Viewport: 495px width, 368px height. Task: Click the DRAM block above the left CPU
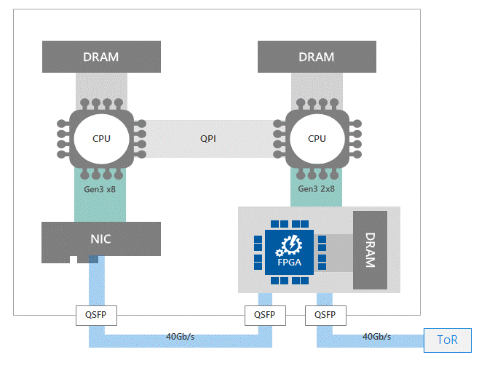point(100,57)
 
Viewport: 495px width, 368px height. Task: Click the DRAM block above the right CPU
point(317,57)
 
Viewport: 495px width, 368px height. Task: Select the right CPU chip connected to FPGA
point(317,138)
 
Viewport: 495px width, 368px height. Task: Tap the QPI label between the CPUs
point(208,138)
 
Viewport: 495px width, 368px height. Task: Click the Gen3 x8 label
point(100,188)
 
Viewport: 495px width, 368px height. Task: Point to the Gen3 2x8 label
point(317,188)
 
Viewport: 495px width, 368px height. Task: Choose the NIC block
point(100,239)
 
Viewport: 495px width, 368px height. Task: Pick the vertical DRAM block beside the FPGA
point(369,250)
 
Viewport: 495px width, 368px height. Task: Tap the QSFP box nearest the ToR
point(325,316)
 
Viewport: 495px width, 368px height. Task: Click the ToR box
point(447,340)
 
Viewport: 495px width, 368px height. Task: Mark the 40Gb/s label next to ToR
point(376,336)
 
